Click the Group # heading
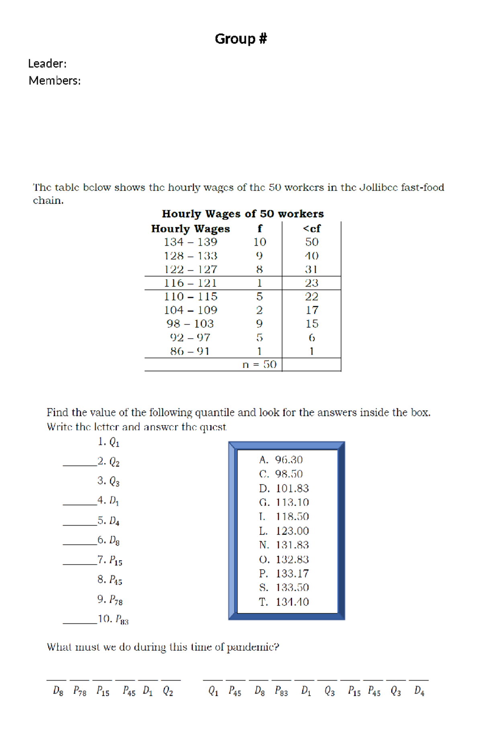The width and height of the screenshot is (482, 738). pyautogui.click(x=241, y=39)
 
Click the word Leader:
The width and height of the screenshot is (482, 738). pyautogui.click(x=47, y=64)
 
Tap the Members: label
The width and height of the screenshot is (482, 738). pyautogui.click(x=55, y=81)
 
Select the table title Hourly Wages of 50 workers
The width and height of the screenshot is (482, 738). pyautogui.click(x=243, y=214)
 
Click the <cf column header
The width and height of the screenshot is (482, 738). pyautogui.click(x=312, y=228)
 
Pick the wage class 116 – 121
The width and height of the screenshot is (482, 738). pyautogui.click(x=190, y=283)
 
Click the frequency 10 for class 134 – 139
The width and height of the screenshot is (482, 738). pyautogui.click(x=259, y=242)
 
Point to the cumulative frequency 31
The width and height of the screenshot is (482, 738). pyautogui.click(x=311, y=269)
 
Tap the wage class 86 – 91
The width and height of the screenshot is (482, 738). pyautogui.click(x=190, y=351)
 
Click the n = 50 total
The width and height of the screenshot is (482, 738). pyautogui.click(x=259, y=364)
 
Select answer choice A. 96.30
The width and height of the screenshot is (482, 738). pyautogui.click(x=281, y=460)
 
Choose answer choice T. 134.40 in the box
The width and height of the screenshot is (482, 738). pyautogui.click(x=284, y=602)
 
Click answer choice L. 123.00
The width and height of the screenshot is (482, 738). pyautogui.click(x=284, y=531)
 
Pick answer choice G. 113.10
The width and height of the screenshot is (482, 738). pyautogui.click(x=284, y=502)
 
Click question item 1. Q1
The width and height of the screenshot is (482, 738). pyautogui.click(x=108, y=442)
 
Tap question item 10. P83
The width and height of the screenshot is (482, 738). pyautogui.click(x=113, y=619)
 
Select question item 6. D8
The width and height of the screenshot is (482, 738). pyautogui.click(x=108, y=540)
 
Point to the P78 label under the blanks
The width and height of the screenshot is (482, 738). pyautogui.click(x=80, y=691)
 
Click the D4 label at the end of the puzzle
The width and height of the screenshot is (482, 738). pyautogui.click(x=419, y=691)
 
